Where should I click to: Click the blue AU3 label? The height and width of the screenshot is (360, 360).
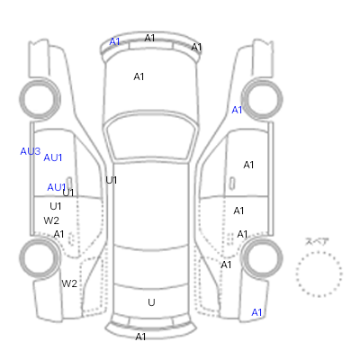click(31, 151)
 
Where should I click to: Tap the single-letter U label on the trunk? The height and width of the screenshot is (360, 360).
click(151, 302)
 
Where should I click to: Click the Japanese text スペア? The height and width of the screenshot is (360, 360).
click(317, 241)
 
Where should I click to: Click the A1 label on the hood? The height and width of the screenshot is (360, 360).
click(139, 76)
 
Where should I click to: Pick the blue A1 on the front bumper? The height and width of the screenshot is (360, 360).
click(114, 41)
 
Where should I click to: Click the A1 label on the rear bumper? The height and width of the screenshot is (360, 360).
click(140, 337)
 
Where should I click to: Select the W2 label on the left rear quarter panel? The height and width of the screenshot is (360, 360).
click(69, 283)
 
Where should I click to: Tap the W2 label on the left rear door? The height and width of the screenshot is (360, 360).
click(51, 220)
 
